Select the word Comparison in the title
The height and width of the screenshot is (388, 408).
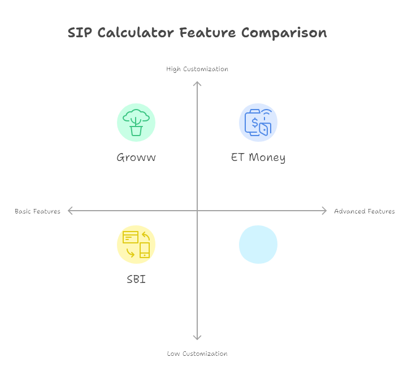[x=284, y=33]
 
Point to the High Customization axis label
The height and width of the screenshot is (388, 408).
[x=197, y=69]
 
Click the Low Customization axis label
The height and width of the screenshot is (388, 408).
[x=197, y=354]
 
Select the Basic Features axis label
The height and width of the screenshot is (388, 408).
[x=37, y=211]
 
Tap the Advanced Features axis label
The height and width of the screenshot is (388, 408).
[x=364, y=211]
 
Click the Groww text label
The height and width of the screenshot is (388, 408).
[x=136, y=158]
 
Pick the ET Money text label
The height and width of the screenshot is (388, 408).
[x=258, y=158]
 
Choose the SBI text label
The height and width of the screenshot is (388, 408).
[x=136, y=279]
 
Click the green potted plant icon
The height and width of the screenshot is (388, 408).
[x=136, y=123]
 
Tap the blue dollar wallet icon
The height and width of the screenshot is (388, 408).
[x=258, y=123]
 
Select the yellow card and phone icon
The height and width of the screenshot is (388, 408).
[x=136, y=245]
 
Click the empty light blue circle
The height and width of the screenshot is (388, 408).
[x=258, y=245]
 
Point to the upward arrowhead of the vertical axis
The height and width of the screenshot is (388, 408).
[x=197, y=83]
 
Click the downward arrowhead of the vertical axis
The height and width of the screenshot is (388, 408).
[x=197, y=338]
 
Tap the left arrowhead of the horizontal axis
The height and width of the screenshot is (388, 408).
[x=70, y=211]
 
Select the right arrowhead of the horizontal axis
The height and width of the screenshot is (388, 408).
[x=325, y=211]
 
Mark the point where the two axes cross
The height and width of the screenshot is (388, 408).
[x=197, y=211]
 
